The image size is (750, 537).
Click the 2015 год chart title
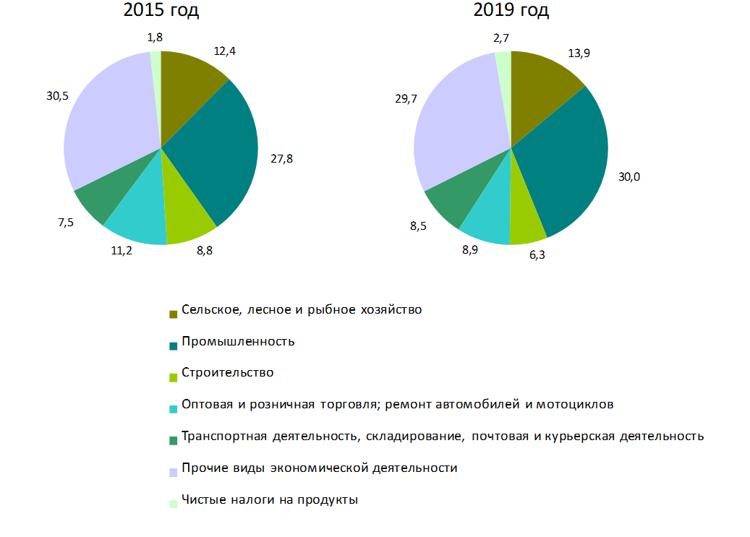point(161,11)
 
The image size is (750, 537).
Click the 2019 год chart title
point(511,11)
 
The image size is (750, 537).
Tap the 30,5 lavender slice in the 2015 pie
point(108,123)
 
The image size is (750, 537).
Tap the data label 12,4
point(224,51)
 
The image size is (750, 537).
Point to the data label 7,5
point(65,223)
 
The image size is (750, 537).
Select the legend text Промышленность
point(238,341)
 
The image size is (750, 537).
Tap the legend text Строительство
point(228,373)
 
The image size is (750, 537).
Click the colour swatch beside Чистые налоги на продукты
point(173,504)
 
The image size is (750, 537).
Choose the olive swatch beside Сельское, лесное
point(173,314)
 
